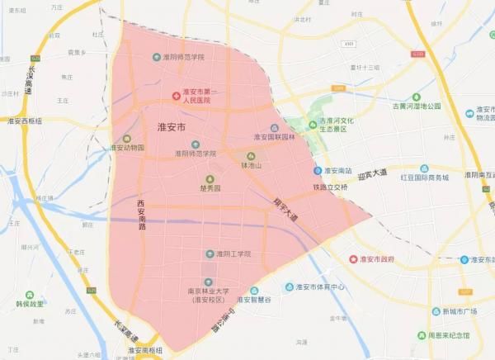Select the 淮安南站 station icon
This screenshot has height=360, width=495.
(x=318, y=170)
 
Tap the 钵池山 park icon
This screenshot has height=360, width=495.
(x=252, y=155)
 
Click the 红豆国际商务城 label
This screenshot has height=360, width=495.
(x=424, y=178)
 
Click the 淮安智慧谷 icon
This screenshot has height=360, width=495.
(x=254, y=291)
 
